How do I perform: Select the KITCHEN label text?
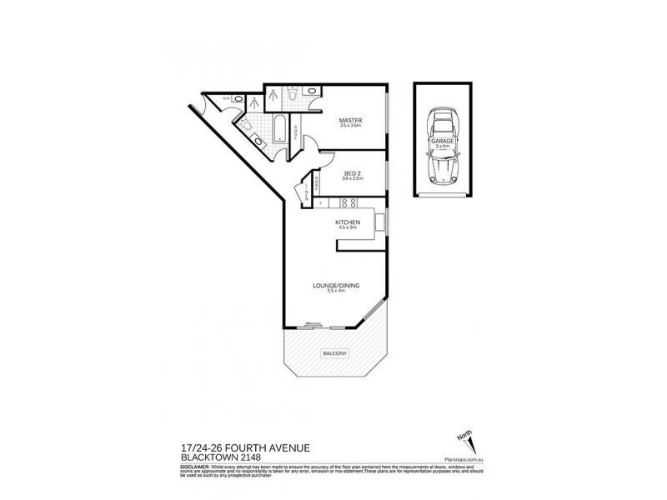(x=347, y=222)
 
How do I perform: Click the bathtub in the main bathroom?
(x=280, y=132)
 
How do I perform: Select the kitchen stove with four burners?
(x=348, y=202)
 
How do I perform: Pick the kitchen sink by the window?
(x=379, y=222)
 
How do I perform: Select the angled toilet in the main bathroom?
(x=248, y=125)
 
